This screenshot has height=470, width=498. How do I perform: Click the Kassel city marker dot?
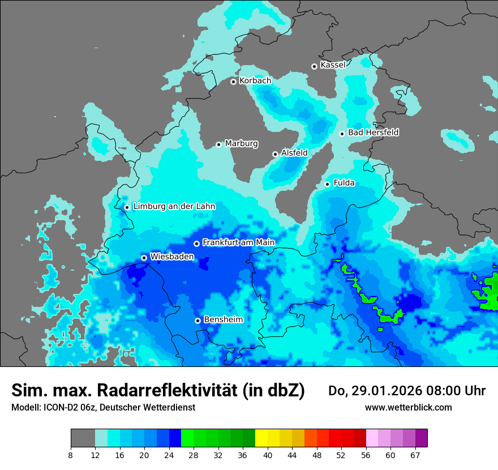click(x=314, y=66)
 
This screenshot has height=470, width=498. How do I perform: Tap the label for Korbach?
click(x=255, y=81)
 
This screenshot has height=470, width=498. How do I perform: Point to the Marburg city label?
click(x=241, y=144)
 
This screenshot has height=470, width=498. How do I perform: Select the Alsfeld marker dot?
click(x=275, y=154)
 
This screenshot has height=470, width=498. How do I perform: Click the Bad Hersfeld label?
click(x=373, y=133)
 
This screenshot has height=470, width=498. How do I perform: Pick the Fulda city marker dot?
click(x=327, y=184)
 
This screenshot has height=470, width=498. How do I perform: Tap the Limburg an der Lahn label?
click(x=174, y=207)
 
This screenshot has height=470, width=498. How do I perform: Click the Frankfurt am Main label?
click(x=238, y=243)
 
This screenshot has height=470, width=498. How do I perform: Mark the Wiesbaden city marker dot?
click(x=144, y=258)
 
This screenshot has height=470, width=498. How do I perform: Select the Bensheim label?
click(x=223, y=320)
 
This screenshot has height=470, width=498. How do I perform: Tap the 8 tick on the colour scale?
click(x=71, y=455)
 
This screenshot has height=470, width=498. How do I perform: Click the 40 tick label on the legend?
click(x=268, y=455)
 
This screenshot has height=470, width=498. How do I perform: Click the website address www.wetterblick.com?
click(x=408, y=408)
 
